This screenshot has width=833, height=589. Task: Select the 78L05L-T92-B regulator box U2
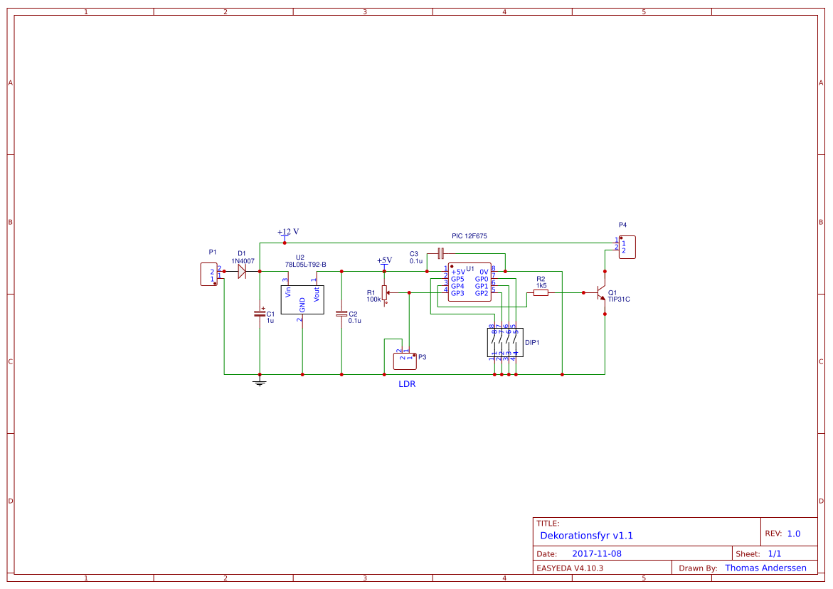[x=302, y=299]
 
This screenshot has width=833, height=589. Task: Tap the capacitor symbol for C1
[x=260, y=313]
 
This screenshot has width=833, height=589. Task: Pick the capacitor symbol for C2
[x=341, y=313]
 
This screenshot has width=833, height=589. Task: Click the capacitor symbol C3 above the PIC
[x=441, y=253]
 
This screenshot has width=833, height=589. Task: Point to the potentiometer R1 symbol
[x=385, y=292]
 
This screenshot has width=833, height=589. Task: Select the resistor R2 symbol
[x=541, y=292]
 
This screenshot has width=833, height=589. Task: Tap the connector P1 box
[x=209, y=275]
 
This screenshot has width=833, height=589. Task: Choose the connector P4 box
[x=627, y=247]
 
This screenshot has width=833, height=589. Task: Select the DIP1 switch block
[x=504, y=342]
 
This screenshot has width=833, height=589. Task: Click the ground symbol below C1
[x=260, y=383]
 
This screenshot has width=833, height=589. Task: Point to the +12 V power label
[x=288, y=232]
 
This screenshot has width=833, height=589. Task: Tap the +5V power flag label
[x=384, y=260]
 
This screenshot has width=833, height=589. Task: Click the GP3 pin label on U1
[x=457, y=293]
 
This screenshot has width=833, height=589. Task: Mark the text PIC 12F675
[x=469, y=235]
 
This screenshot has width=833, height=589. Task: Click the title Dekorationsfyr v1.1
[x=586, y=536]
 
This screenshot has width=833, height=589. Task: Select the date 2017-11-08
[x=597, y=553]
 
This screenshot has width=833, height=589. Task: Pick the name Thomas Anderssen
[x=765, y=568]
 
